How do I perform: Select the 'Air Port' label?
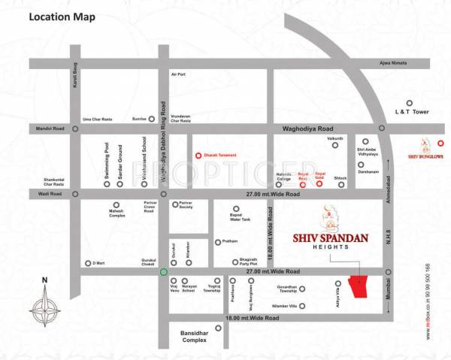point(178,74)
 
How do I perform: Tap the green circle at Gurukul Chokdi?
point(163,271)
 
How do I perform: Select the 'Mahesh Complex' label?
point(116,215)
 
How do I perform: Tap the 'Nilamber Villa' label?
point(283,306)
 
